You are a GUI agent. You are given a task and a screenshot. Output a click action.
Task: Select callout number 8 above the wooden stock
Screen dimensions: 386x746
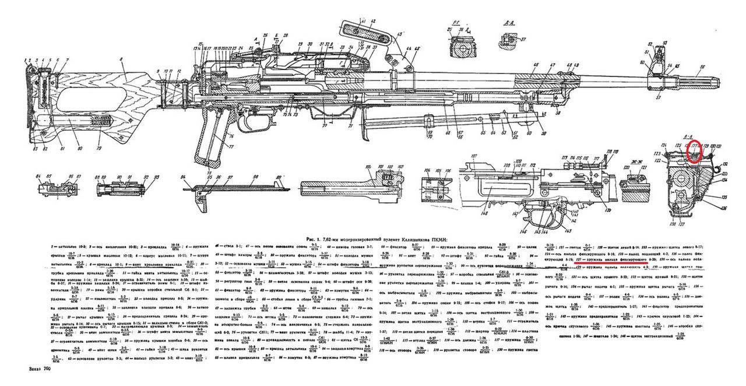[121, 59]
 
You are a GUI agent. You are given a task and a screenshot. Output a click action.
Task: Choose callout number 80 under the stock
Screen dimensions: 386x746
[80, 149]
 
